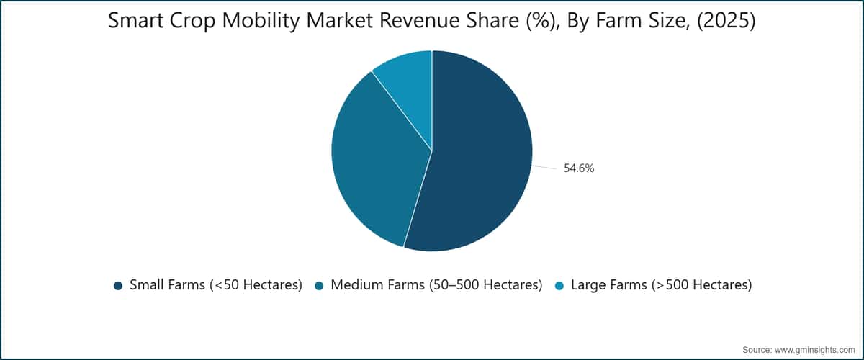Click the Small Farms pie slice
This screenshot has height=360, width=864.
478,154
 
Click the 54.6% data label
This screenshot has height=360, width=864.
579,168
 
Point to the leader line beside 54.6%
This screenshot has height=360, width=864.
544,168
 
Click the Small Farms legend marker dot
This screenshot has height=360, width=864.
118,286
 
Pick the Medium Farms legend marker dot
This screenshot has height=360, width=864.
319,286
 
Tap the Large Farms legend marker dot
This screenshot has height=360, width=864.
559,286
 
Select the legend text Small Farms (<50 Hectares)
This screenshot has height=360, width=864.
216,285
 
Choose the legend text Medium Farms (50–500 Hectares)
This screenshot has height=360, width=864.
436,285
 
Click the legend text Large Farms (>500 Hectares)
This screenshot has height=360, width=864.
662,285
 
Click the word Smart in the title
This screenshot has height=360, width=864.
136,20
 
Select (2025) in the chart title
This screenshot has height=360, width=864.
726,21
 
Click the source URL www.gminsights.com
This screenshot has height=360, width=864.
814,350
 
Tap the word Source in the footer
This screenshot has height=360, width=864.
757,350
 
